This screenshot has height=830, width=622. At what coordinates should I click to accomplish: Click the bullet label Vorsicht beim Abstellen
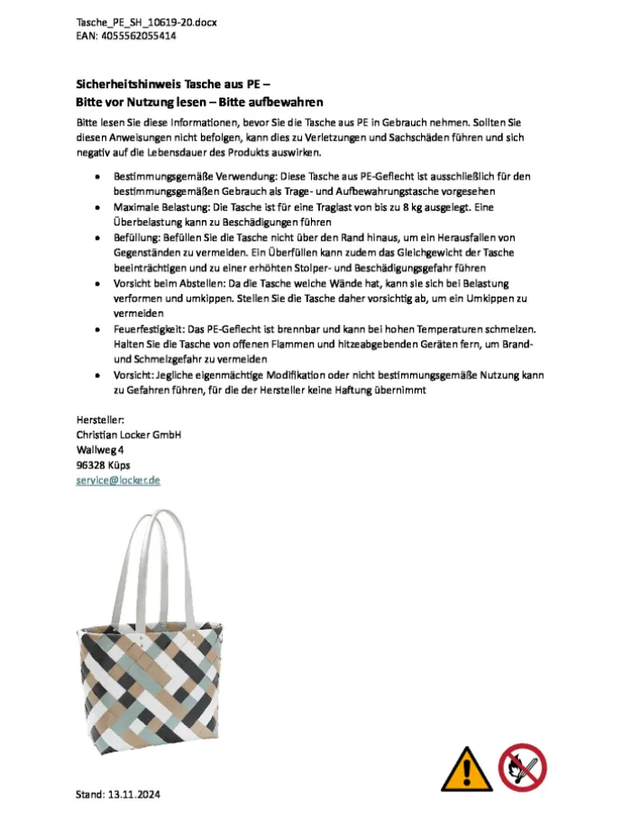[x=170, y=282]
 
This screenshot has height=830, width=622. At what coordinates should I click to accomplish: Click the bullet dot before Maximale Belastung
[x=96, y=207]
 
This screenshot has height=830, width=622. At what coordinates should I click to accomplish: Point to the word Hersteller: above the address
[x=100, y=419]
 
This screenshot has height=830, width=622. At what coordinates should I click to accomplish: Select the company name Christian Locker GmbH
[x=129, y=434]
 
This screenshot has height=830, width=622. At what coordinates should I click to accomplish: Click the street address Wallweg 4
[x=100, y=449]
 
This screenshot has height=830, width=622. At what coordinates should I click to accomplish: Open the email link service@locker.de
[x=118, y=480]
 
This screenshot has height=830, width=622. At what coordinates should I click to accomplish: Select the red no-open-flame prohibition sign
[x=523, y=765]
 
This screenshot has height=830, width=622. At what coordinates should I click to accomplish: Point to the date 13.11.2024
[x=133, y=795]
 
